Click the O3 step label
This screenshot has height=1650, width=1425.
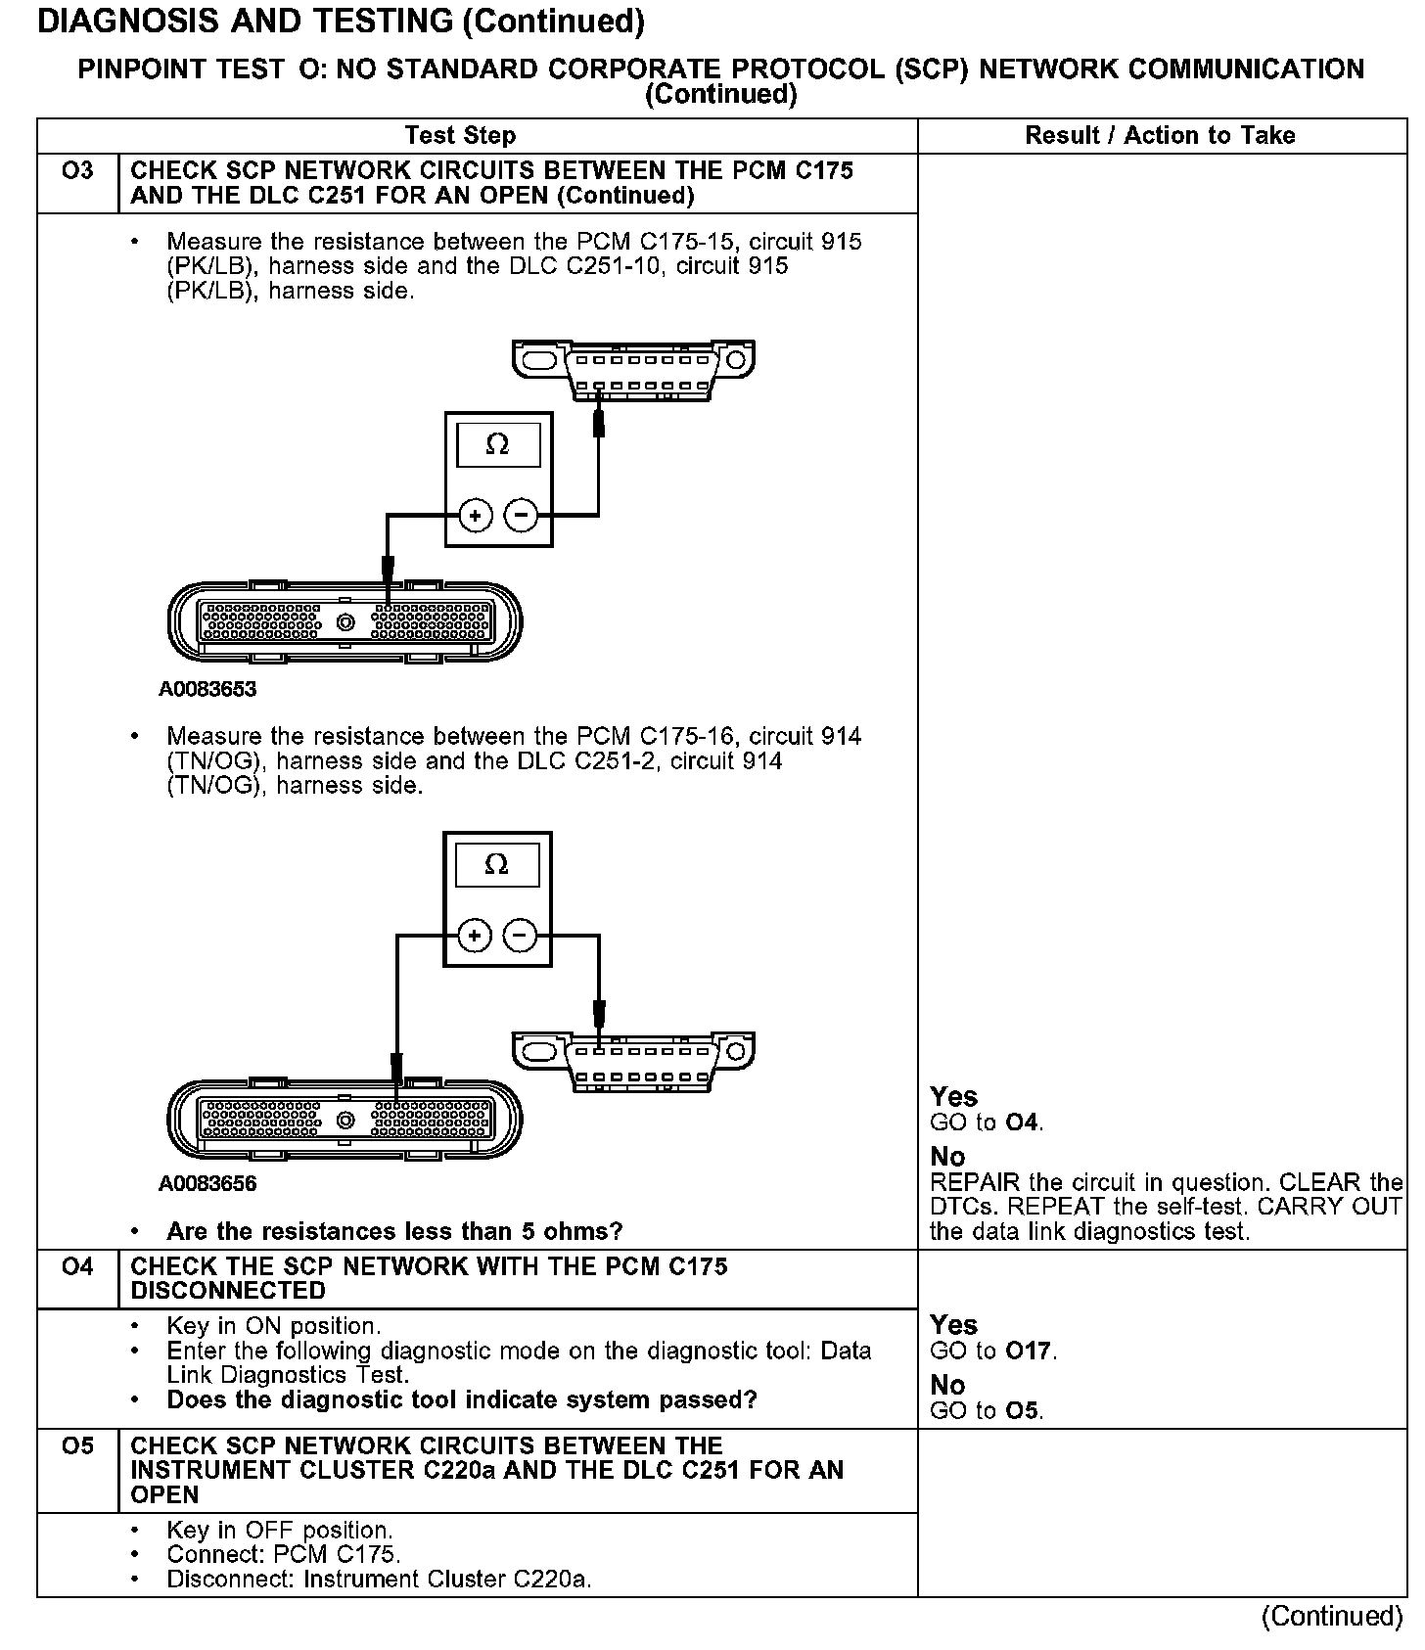(76, 171)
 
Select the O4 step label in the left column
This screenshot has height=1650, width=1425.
(76, 1266)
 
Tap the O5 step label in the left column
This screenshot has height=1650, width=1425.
(76, 1445)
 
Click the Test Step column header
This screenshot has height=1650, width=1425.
(460, 135)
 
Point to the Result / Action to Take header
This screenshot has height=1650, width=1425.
(1160, 135)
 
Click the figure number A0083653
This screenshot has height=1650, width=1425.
(207, 689)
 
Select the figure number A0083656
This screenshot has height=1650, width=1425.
(207, 1184)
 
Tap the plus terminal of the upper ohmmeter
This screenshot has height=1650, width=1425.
(476, 515)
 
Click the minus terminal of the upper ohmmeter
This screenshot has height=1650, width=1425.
(522, 515)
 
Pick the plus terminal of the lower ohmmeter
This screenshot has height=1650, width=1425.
(475, 937)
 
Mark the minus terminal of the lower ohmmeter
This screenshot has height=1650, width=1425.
(521, 937)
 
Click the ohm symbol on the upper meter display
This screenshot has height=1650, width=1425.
(498, 445)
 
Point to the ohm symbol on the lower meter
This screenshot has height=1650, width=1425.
(497, 865)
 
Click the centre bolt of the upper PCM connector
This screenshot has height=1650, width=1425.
(345, 622)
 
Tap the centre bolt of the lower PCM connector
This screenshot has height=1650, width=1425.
(345, 1120)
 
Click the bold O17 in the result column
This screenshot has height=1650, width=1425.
(1030, 1352)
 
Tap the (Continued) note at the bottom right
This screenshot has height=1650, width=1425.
(1332, 1616)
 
